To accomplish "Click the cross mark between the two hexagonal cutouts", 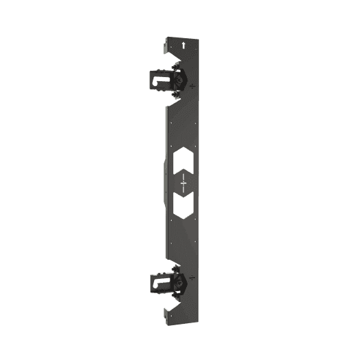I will tap(184, 182).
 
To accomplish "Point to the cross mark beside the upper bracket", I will tap(195, 86).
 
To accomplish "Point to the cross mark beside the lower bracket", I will tap(194, 277).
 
